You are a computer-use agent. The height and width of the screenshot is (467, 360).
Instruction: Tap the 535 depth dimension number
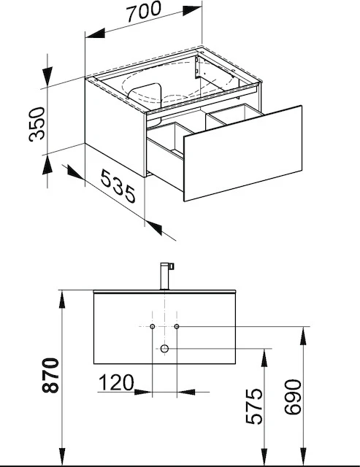click(115, 184)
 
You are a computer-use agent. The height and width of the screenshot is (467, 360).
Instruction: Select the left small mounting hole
click(153, 325)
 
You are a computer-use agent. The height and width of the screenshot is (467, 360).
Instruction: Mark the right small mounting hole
click(177, 325)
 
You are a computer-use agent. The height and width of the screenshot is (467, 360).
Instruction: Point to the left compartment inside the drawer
click(166, 140)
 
